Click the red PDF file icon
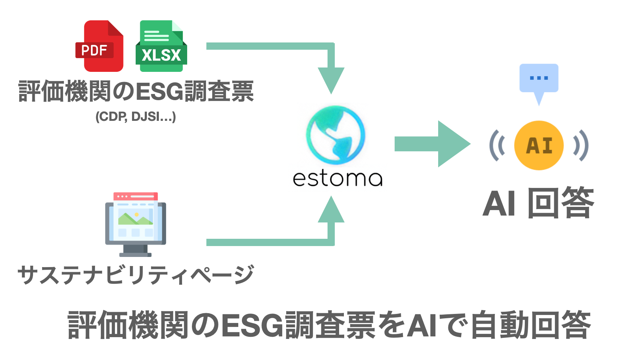[99, 46]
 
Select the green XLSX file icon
[161, 46]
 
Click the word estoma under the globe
[337, 179]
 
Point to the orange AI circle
[539, 145]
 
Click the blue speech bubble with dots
[539, 79]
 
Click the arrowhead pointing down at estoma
[331, 80]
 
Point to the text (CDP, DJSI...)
[136, 116]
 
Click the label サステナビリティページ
[136, 275]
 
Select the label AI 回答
[538, 203]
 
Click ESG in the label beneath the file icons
[160, 91]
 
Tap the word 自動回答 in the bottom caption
[530, 325]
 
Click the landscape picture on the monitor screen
[135, 218]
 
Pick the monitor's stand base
[135, 254]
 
